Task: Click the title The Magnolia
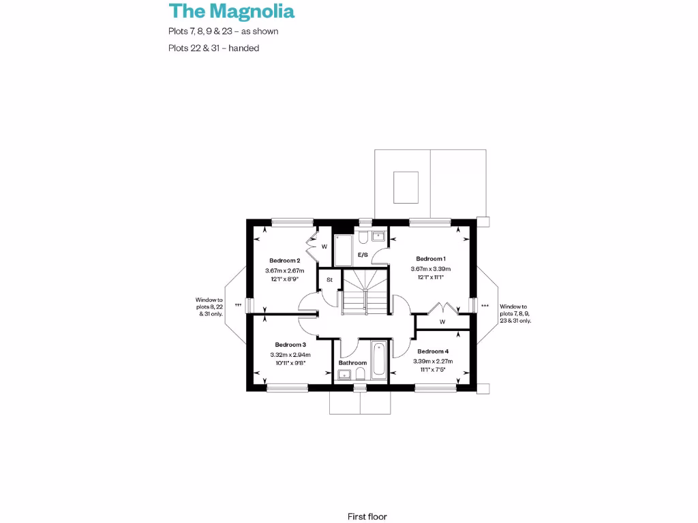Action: point(232,12)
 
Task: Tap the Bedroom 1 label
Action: point(431,259)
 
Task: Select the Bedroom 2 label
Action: point(284,261)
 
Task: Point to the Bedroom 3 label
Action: point(290,345)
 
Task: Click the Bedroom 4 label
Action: point(433,351)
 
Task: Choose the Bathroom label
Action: point(352,363)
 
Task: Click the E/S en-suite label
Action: point(363,255)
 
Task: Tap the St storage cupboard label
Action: point(329,279)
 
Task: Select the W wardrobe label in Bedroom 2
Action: point(324,247)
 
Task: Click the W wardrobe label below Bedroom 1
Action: point(442,322)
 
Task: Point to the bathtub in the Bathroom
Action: point(379,362)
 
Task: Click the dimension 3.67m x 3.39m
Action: point(431,269)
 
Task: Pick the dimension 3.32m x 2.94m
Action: point(290,355)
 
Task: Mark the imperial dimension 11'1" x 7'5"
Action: point(433,370)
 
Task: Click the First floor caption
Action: point(367,517)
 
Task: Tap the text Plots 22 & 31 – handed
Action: point(214,48)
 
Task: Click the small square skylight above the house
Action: point(406,187)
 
